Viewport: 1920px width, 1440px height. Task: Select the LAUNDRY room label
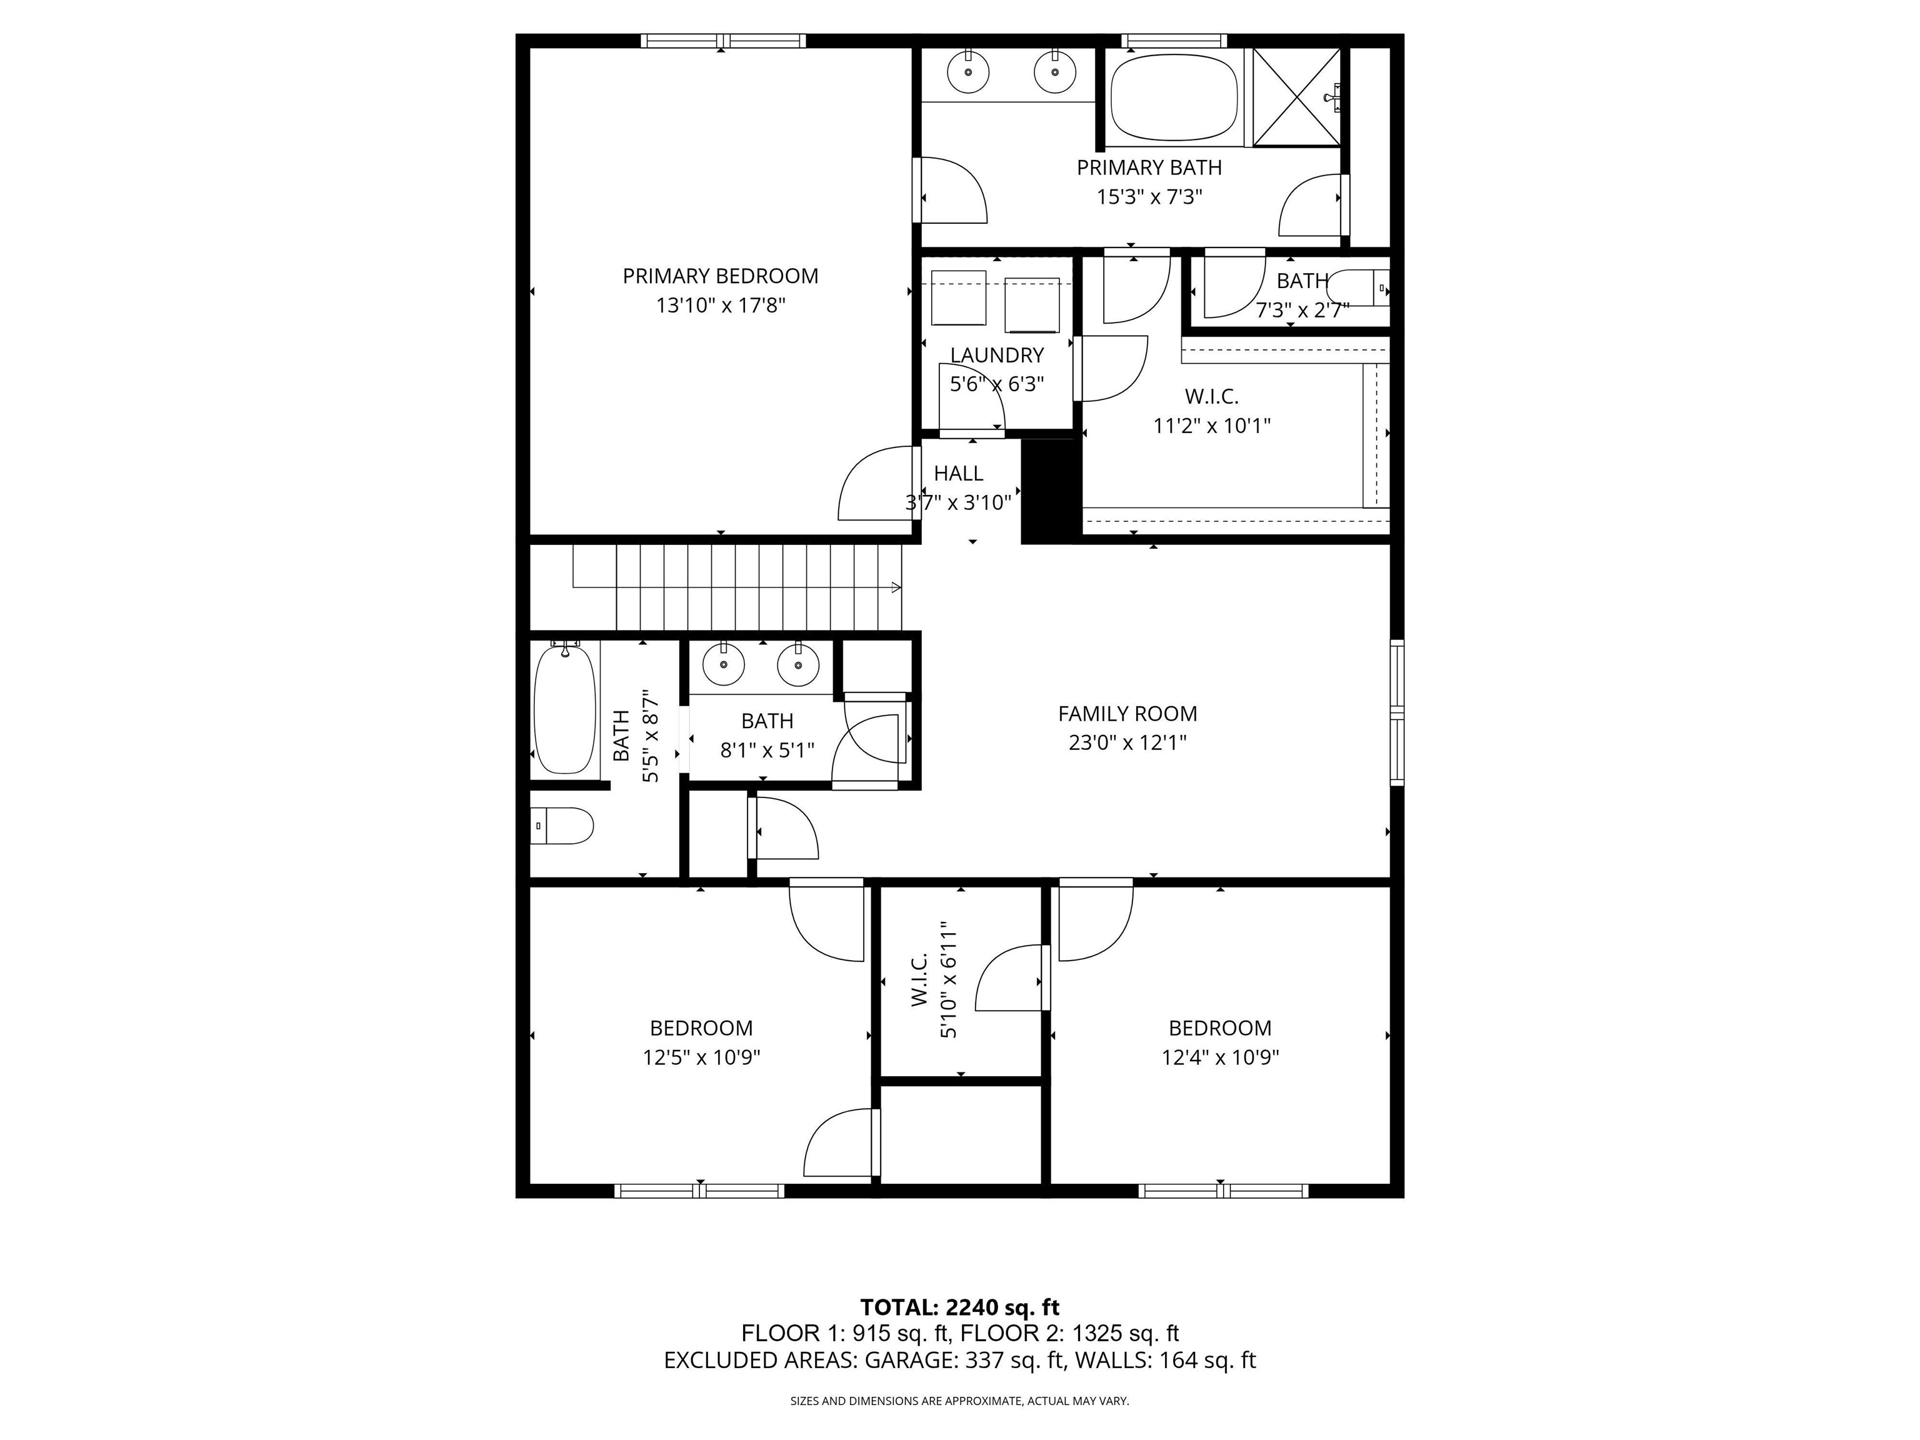click(996, 355)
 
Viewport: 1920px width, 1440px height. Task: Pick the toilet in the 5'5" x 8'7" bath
click(563, 826)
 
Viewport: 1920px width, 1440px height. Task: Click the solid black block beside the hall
click(1047, 491)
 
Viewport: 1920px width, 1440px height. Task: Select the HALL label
click(958, 474)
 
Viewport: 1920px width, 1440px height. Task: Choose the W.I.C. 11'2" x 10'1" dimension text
click(1212, 426)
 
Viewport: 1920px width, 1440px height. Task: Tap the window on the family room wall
click(1397, 712)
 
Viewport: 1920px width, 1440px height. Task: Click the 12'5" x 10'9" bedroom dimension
click(701, 1057)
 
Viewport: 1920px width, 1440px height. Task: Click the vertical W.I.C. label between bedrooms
click(920, 980)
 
